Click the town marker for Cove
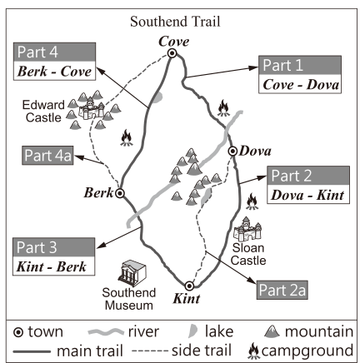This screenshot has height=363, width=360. point(172,53)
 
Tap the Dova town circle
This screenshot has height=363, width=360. point(232,152)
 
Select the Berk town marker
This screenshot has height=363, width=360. point(120,193)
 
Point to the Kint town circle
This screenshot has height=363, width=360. point(189,286)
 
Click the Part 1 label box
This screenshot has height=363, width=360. point(300,74)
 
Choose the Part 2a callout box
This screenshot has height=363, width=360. point(282,290)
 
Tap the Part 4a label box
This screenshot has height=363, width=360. point(47,156)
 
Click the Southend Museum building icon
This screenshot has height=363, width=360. point(132,273)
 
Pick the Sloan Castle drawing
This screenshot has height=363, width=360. point(247,229)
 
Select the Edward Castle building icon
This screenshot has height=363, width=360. point(91,108)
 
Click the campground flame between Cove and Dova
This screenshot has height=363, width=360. point(223,107)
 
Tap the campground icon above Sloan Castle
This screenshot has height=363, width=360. point(252,201)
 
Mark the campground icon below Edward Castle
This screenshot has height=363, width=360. point(127,137)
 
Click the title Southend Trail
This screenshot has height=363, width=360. point(175,22)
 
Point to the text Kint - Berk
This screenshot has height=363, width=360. point(52,266)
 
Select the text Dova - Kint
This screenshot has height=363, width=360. point(307,195)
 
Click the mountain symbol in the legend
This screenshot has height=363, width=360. point(272,331)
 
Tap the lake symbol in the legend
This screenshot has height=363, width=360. point(192,331)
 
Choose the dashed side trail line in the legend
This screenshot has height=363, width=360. point(150,351)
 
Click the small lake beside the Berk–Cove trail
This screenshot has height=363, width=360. point(157,97)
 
